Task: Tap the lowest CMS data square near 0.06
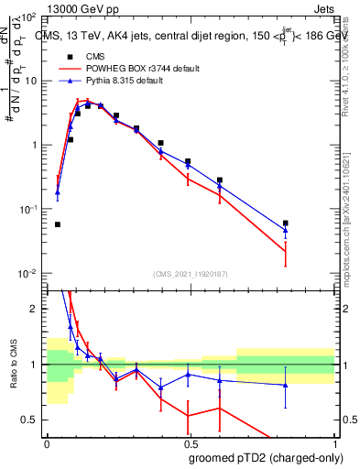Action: click(58, 224)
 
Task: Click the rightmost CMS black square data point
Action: click(286, 223)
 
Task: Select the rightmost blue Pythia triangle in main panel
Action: click(286, 230)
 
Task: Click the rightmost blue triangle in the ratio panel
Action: click(286, 385)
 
